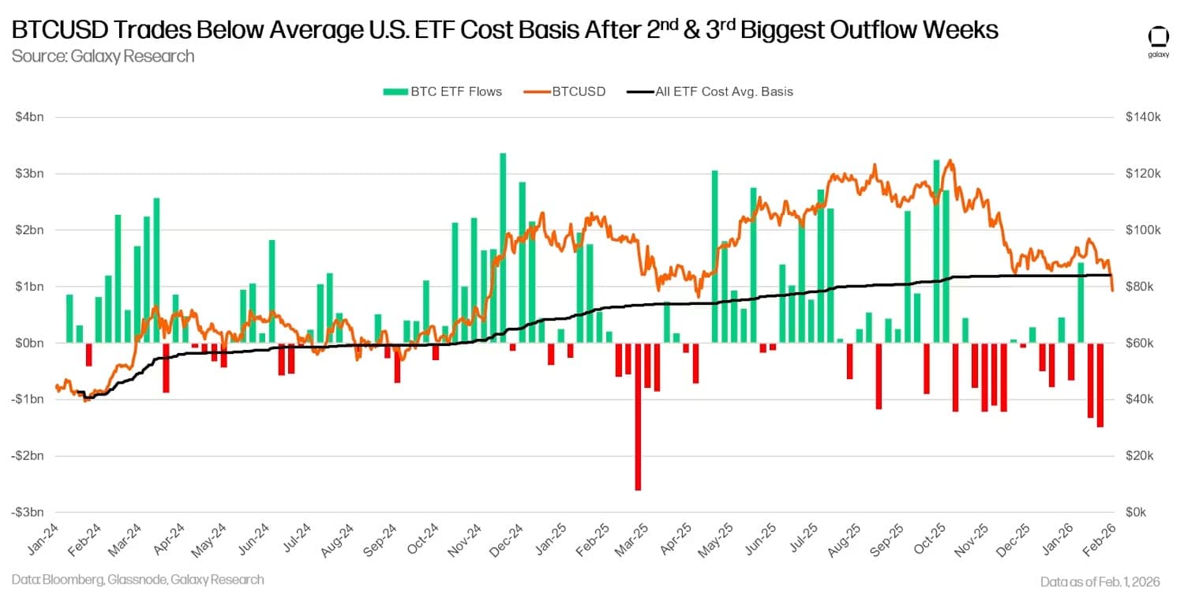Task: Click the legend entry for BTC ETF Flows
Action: [x=442, y=92]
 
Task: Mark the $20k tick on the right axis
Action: [x=1141, y=457]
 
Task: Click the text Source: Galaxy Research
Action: [x=103, y=56]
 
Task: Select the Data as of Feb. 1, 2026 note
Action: [x=1100, y=581]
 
